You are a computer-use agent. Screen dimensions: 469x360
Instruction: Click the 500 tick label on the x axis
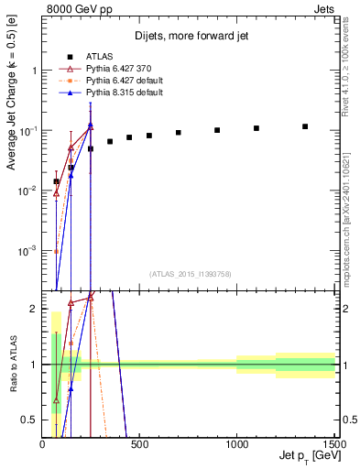click(139, 443)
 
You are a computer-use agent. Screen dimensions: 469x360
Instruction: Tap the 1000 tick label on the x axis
click(236, 443)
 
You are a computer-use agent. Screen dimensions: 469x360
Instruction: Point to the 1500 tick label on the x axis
click(332, 443)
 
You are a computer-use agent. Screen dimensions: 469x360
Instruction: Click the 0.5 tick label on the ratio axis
click(29, 420)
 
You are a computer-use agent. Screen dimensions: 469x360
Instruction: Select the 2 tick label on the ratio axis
click(34, 309)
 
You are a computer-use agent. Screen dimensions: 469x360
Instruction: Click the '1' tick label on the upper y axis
click(34, 71)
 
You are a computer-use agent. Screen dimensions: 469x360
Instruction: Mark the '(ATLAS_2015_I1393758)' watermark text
click(191, 273)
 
